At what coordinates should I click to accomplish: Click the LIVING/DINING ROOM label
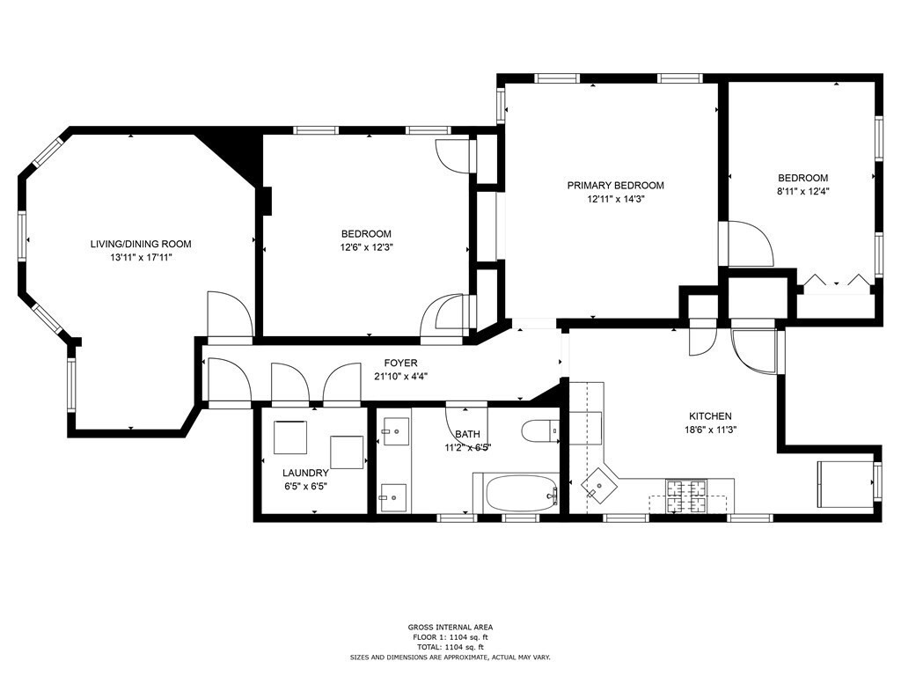140,244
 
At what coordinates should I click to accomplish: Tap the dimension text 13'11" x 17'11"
140,258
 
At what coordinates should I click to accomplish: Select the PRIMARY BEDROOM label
615,186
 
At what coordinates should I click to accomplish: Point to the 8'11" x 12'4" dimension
802,191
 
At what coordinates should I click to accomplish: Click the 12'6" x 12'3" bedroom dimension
366,247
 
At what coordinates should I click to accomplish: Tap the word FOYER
400,363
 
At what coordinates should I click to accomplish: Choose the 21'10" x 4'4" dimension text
400,377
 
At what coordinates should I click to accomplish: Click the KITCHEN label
709,416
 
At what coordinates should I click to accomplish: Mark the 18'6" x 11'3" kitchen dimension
709,430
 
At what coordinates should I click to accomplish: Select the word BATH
468,434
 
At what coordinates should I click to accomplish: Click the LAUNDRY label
305,473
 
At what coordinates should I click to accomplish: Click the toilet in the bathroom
538,431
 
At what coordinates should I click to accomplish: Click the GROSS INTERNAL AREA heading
450,628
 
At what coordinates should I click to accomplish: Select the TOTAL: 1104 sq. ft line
450,647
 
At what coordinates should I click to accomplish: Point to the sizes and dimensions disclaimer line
450,657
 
